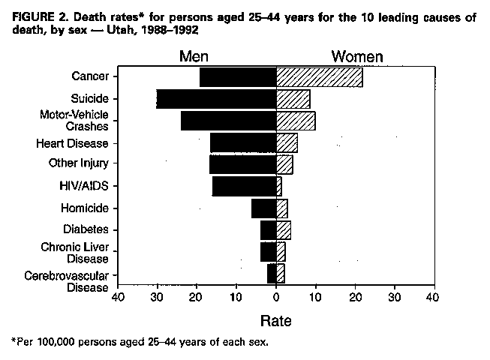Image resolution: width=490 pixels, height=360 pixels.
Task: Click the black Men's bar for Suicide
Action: click(216, 99)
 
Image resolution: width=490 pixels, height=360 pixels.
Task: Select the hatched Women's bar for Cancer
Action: click(319, 76)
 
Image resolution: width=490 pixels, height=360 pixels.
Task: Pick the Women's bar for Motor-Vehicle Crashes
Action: click(296, 121)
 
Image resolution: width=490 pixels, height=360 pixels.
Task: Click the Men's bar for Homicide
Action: click(263, 208)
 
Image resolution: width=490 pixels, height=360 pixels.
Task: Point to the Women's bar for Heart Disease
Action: click(287, 142)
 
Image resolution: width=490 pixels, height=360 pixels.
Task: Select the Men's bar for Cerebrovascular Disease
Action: click(272, 274)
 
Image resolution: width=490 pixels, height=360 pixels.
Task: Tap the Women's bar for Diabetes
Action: click(284, 229)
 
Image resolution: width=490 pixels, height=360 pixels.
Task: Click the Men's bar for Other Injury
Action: click(242, 164)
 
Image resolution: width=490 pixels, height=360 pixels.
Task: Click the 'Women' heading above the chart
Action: click(358, 57)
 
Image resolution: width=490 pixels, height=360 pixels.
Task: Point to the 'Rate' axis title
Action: click(275, 321)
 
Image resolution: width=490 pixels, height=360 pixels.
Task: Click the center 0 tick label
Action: click(276, 298)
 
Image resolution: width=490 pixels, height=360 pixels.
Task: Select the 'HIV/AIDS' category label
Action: click(87, 185)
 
